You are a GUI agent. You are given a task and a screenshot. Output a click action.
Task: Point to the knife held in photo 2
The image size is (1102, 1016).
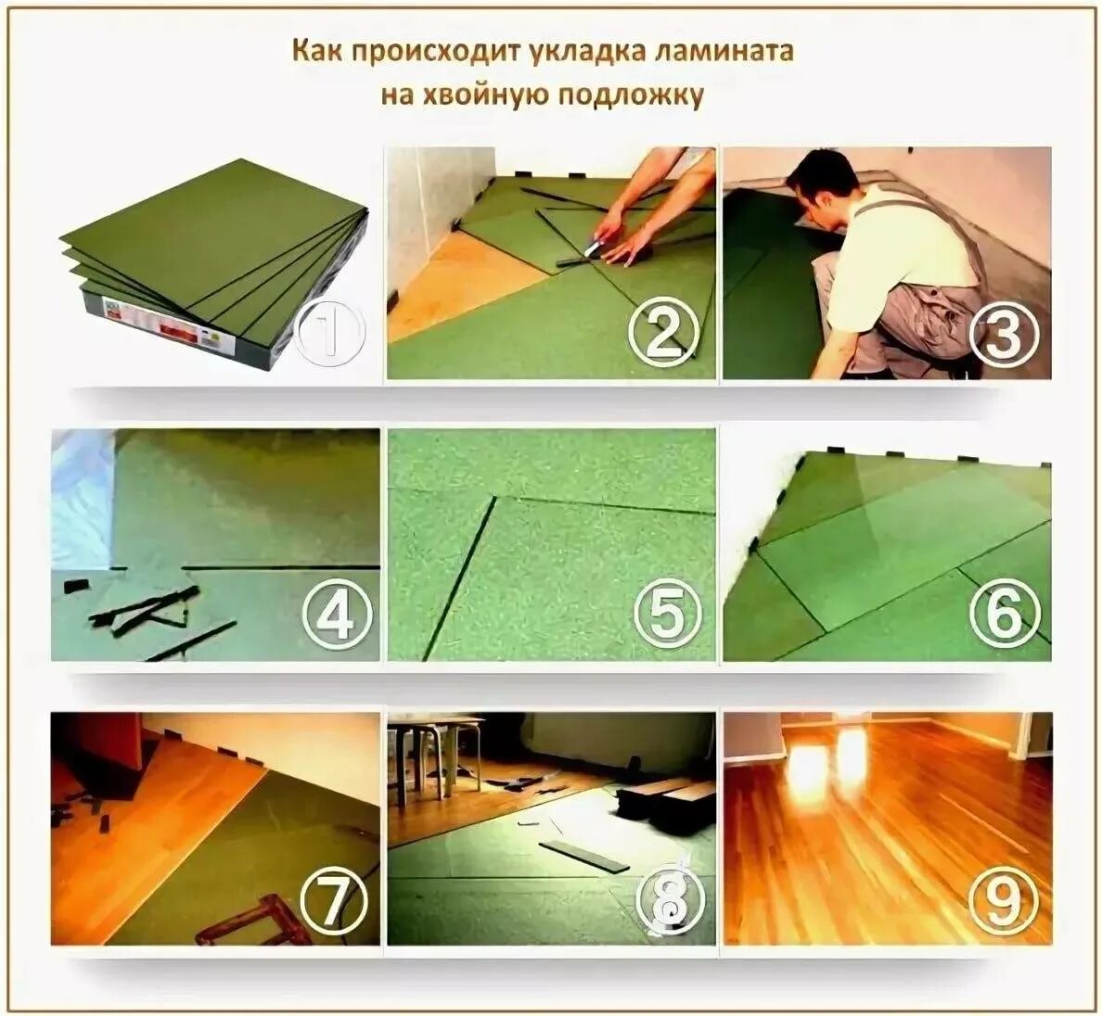(x=594, y=245)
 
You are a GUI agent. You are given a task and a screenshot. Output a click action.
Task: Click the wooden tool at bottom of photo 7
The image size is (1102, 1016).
(x=254, y=920)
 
